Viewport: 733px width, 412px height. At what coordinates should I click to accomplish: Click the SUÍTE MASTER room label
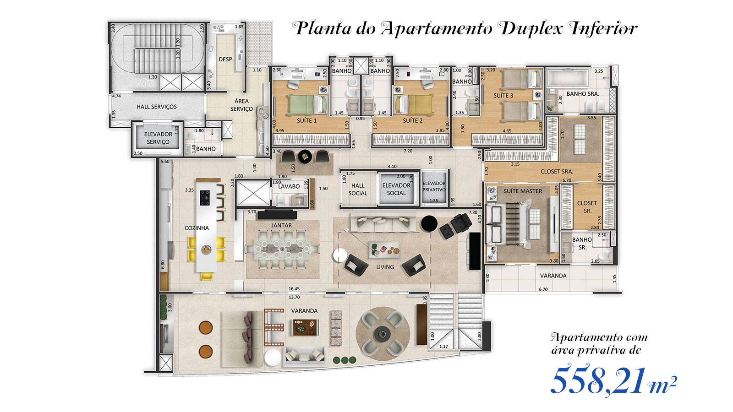tap(523, 191)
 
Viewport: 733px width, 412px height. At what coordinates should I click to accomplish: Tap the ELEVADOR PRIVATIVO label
tap(434, 186)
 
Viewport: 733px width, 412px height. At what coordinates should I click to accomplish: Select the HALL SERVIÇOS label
tap(156, 107)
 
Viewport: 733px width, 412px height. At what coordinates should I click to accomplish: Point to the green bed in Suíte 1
tap(307, 105)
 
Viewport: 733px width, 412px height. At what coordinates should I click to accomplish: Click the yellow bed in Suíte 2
tap(413, 105)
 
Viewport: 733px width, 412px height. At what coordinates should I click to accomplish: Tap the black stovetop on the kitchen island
tap(205, 198)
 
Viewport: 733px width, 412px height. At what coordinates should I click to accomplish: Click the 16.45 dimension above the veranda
tap(294, 289)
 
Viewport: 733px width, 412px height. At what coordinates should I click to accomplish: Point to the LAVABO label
tap(289, 186)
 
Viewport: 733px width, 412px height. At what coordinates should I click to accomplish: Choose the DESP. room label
tap(226, 60)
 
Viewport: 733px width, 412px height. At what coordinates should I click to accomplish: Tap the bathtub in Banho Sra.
tap(568, 78)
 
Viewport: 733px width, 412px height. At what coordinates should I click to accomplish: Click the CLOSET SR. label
tap(587, 207)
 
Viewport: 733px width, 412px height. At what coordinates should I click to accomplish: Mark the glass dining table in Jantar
tap(282, 249)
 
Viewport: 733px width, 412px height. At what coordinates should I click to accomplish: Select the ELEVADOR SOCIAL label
tap(396, 190)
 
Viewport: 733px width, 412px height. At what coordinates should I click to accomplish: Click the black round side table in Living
tap(429, 224)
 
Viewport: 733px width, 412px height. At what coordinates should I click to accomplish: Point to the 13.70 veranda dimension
tap(294, 297)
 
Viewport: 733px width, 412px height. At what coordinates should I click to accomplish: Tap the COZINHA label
tap(197, 228)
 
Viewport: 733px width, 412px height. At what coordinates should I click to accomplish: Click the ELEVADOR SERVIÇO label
tap(158, 138)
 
